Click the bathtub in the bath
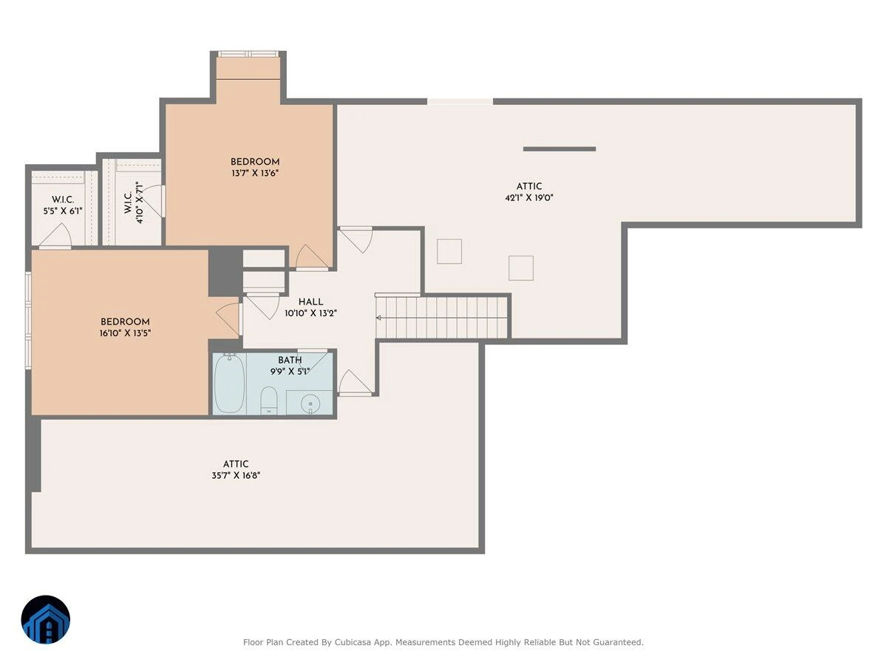pos(229,383)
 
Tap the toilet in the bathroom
pos(268,400)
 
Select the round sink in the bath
pos(310,403)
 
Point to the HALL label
pos(310,301)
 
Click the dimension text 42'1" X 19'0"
pos(529,198)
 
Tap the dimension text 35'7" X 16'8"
pos(236,475)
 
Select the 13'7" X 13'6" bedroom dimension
pos(255,173)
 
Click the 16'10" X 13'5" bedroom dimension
pos(125,333)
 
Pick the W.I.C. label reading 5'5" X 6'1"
pos(63,205)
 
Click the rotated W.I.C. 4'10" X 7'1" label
pos(134,202)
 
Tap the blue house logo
pos(46,619)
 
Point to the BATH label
pos(290,360)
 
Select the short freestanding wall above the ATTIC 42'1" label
pos(560,149)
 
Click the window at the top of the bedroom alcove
pos(248,54)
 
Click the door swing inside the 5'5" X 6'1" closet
pos(56,236)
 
